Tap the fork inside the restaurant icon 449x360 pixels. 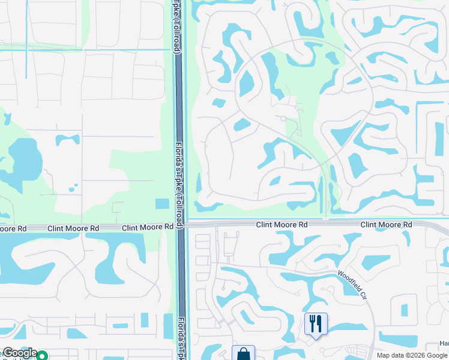312,324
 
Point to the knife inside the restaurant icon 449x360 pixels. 320,324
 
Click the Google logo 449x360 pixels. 19,353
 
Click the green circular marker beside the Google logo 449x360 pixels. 42,356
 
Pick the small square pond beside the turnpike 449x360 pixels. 162,203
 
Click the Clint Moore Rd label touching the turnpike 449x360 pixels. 148,228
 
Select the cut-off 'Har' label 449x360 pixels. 444,343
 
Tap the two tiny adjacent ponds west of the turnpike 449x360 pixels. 72,188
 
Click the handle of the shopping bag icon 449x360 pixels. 243,350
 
